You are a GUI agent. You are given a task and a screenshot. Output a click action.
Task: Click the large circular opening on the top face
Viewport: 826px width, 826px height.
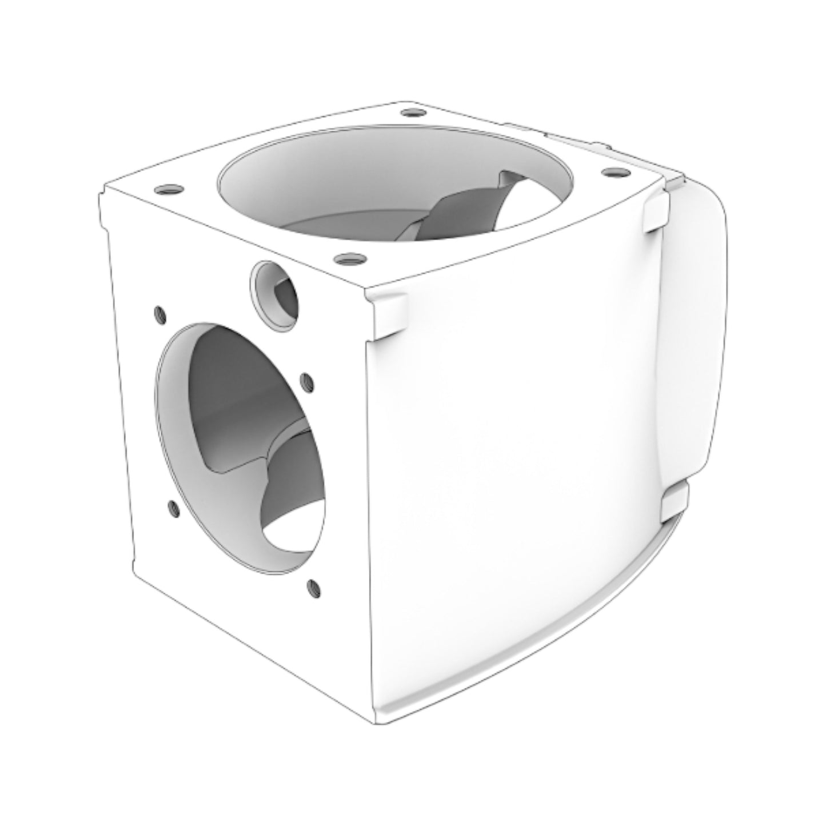point(394,183)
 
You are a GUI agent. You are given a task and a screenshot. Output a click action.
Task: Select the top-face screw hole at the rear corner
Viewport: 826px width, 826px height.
point(410,113)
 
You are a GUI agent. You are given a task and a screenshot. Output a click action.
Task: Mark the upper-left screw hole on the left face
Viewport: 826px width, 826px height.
point(159,314)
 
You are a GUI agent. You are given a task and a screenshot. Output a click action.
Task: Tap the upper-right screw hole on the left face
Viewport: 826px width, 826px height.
point(306,381)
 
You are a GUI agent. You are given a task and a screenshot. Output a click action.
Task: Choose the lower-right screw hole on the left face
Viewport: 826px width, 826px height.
point(313,586)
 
